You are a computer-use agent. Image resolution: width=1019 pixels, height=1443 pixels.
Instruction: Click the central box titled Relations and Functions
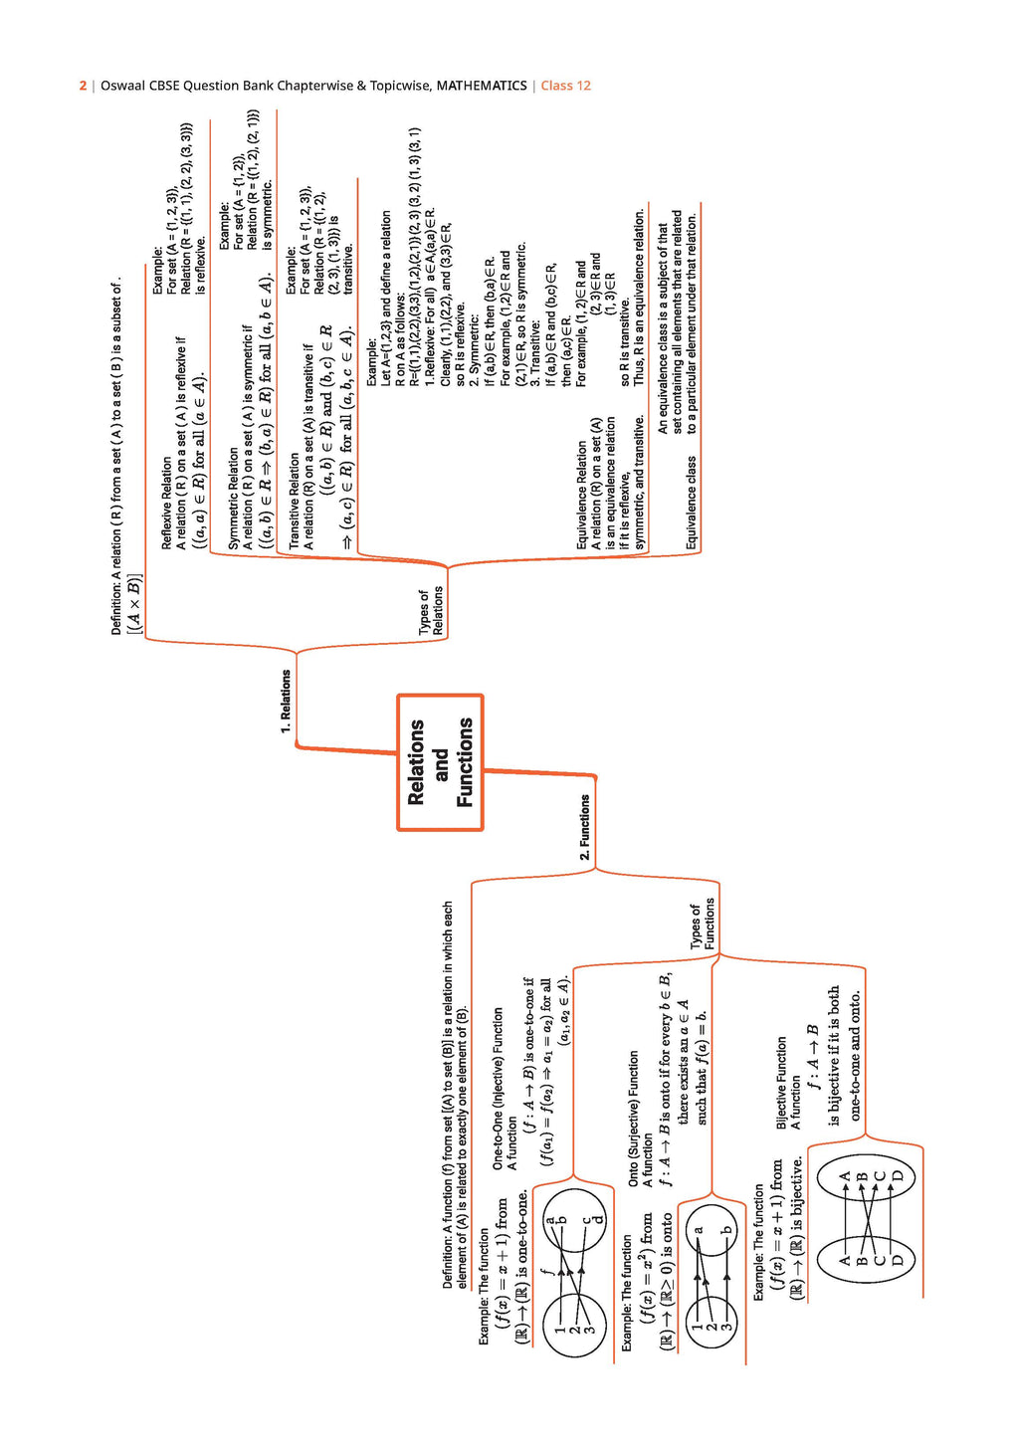(440, 762)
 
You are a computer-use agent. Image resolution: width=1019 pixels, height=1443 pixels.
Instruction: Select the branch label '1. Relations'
(286, 702)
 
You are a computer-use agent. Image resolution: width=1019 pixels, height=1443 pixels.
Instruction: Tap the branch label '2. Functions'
(585, 827)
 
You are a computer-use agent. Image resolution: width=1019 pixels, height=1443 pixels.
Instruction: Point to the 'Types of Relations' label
(431, 612)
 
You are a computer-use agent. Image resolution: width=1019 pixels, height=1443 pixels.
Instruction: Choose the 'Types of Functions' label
(703, 925)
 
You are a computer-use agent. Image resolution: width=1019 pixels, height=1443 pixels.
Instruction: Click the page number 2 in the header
(83, 86)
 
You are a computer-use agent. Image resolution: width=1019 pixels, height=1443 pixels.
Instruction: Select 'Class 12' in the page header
(565, 86)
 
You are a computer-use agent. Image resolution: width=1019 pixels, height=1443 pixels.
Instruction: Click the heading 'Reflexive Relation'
(166, 504)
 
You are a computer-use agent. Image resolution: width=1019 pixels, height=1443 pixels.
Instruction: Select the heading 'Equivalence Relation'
(582, 496)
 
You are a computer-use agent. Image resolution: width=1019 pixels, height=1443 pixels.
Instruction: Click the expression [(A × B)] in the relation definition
(134, 603)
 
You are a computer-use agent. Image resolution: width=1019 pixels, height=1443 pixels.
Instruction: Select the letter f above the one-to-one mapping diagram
(545, 1271)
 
